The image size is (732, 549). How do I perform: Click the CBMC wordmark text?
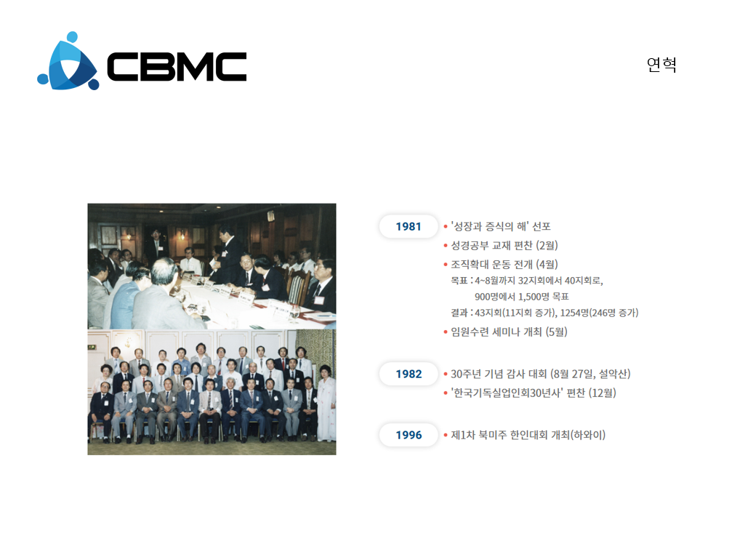(x=177, y=66)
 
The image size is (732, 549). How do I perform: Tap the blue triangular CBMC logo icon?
(x=68, y=61)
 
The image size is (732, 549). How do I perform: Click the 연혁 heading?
(x=661, y=65)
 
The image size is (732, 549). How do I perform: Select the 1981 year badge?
(x=409, y=226)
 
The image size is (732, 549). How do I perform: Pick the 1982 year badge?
(x=409, y=374)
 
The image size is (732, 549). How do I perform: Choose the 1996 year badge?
(x=409, y=435)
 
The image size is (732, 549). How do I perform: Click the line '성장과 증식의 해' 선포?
(x=500, y=226)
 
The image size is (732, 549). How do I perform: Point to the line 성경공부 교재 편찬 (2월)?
(x=504, y=246)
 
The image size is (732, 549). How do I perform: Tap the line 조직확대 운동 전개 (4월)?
(x=504, y=265)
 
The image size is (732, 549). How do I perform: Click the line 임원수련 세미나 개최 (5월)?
(x=509, y=332)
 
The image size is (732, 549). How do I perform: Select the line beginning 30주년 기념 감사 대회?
(x=541, y=374)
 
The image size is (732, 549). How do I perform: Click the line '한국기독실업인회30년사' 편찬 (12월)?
(x=533, y=393)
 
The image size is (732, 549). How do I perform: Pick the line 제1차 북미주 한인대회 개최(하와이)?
(x=528, y=435)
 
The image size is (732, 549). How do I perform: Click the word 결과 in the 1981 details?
(x=459, y=313)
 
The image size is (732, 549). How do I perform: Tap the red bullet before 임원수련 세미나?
(x=446, y=332)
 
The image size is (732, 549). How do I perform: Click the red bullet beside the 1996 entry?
(x=446, y=435)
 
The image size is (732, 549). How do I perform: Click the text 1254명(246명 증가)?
(x=600, y=313)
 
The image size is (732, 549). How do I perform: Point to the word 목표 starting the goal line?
(x=459, y=281)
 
